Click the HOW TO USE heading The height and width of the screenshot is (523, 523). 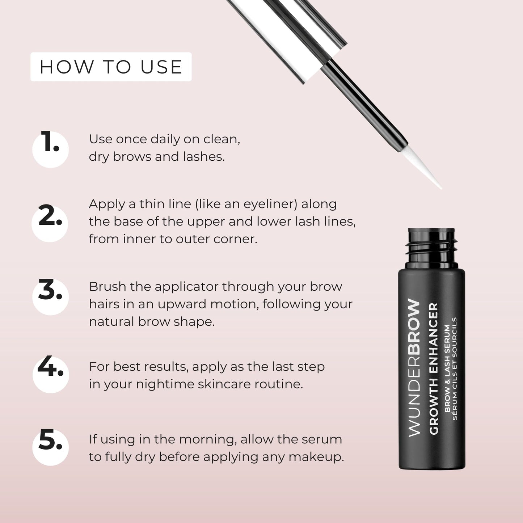111,67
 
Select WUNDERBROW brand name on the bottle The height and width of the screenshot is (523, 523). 414,367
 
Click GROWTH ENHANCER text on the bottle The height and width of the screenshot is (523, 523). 433,368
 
